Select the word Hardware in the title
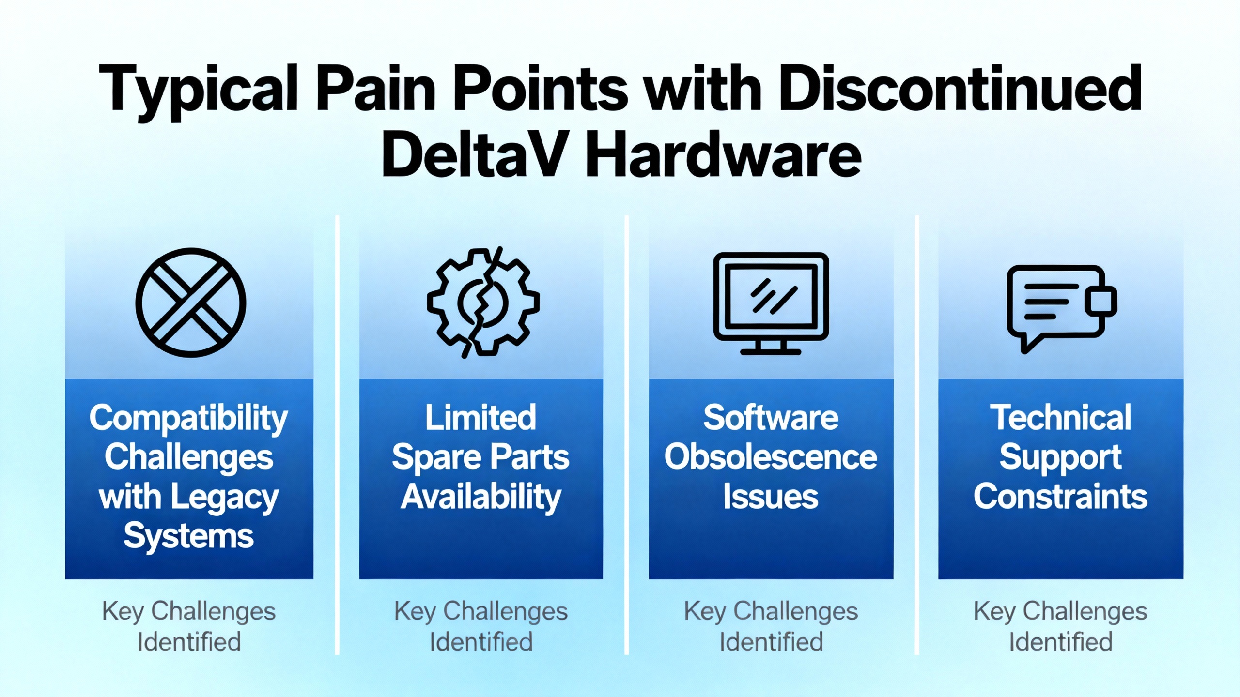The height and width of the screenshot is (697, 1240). (724, 155)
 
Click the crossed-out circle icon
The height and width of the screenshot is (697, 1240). (190, 303)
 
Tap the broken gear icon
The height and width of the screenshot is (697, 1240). (483, 303)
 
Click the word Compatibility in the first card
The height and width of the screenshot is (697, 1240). (188, 419)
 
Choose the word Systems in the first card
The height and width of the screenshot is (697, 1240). (188, 537)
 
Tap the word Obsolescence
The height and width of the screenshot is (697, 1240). (771, 457)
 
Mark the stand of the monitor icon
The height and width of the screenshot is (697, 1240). (771, 348)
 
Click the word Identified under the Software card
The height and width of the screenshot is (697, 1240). (771, 642)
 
